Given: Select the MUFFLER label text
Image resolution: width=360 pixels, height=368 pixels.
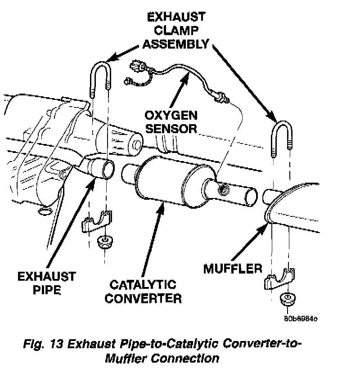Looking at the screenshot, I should click(x=233, y=269).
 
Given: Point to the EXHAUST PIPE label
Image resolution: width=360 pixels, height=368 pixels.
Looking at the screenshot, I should click(x=47, y=282).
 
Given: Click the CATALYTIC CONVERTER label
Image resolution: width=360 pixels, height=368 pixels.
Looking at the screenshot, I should click(x=143, y=292).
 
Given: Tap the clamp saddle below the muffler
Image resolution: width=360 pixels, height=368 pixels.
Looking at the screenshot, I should click(x=280, y=279).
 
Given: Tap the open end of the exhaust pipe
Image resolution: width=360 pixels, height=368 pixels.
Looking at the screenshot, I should click(x=107, y=171).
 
